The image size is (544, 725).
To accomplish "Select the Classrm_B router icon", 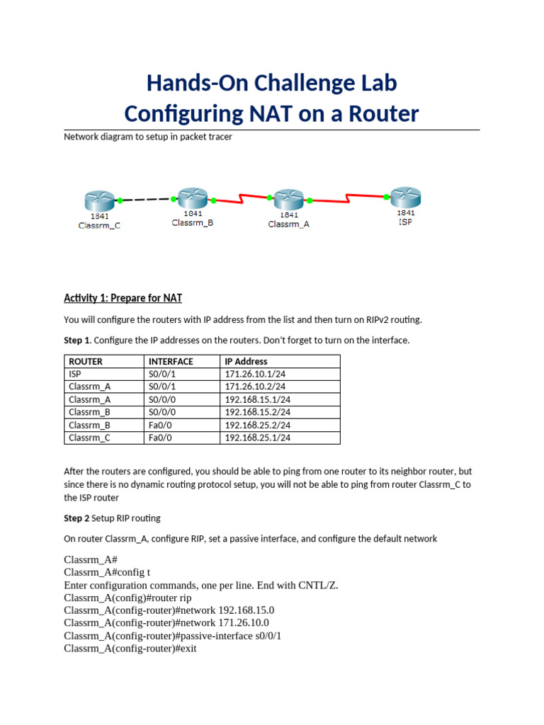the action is point(192,198).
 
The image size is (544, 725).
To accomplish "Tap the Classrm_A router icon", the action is point(288,199).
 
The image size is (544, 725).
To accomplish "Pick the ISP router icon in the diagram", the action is point(405,197).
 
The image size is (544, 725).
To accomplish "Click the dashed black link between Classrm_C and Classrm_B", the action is point(146,200).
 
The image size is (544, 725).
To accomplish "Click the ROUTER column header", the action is point(86,361).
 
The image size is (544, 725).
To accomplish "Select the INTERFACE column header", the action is point(171,361).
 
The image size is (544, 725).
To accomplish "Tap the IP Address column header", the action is point(246,361).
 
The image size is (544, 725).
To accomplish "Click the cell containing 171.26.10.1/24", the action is point(257,374).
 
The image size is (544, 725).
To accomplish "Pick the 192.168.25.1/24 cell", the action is point(257,438).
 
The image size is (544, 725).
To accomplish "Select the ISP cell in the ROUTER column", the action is point(75,374).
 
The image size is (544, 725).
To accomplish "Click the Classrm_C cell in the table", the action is point(89,438).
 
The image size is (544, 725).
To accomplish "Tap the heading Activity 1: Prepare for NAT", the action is point(123,297).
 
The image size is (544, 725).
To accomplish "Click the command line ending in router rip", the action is point(127,598).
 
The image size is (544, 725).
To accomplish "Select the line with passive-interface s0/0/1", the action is point(172,636).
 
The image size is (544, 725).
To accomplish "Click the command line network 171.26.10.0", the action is point(166,623).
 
